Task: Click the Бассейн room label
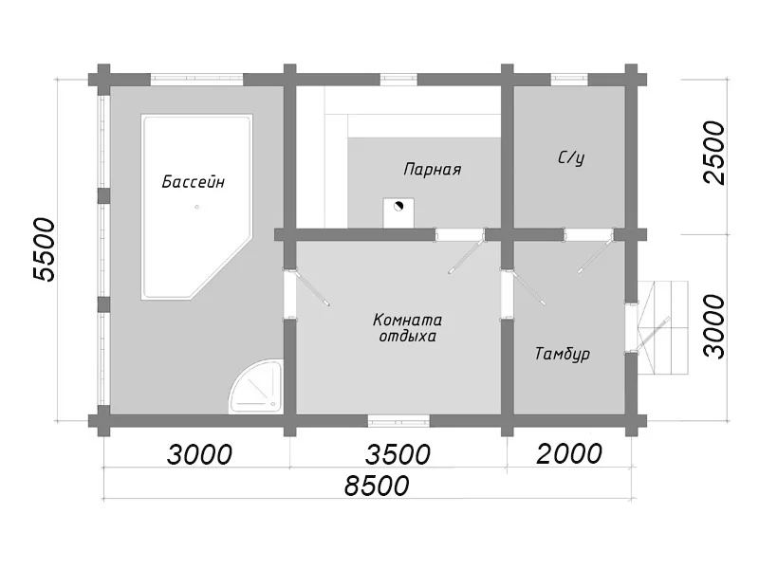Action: point(194,182)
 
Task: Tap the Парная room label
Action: point(433,170)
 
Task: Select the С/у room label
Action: point(571,157)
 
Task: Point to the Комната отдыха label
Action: point(407,328)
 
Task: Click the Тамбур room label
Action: point(562,354)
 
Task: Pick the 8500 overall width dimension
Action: point(377,486)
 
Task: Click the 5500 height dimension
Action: point(45,249)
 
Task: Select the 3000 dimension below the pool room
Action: point(199,454)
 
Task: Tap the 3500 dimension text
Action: point(398,454)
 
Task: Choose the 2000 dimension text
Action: point(569,454)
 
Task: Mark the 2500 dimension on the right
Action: point(714,153)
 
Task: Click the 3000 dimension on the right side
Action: point(714,327)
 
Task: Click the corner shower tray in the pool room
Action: point(256,387)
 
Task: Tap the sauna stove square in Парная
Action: point(398,212)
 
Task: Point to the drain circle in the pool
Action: point(197,207)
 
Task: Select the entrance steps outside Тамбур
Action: point(664,327)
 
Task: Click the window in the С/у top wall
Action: point(569,80)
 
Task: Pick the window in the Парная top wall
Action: point(398,80)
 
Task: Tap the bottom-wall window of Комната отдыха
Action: point(398,420)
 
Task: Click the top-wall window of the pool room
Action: point(196,80)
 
